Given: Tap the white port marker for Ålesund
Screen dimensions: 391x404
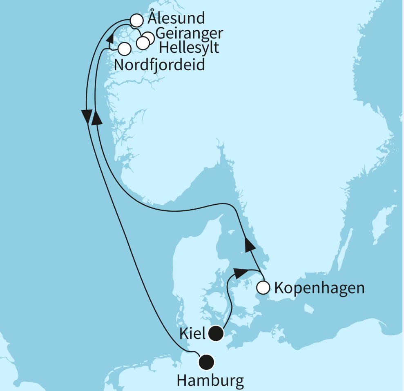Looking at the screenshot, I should tap(136, 20).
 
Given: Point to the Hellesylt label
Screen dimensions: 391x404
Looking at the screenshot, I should tap(189, 47).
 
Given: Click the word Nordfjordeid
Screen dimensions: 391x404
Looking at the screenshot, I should tap(160, 64).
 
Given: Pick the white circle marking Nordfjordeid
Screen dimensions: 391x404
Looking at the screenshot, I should tap(124, 49).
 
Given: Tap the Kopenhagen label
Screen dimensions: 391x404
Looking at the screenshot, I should tap(319, 288).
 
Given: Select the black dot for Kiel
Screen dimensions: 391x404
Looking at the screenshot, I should tap(216, 333).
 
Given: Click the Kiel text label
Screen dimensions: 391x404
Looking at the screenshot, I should tap(192, 334).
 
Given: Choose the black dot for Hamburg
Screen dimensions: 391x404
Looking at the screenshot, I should tap(206, 361).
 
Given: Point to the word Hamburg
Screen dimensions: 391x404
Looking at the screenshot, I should tap(210, 381).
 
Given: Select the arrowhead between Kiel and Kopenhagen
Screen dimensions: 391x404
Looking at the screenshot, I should tap(241, 272).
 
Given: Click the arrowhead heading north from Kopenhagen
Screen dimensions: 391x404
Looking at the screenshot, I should tap(249, 245).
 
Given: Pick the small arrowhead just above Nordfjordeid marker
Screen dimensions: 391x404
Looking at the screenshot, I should tap(110, 38).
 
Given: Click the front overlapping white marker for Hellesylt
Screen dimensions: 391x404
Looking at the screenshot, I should tap(143, 42).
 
